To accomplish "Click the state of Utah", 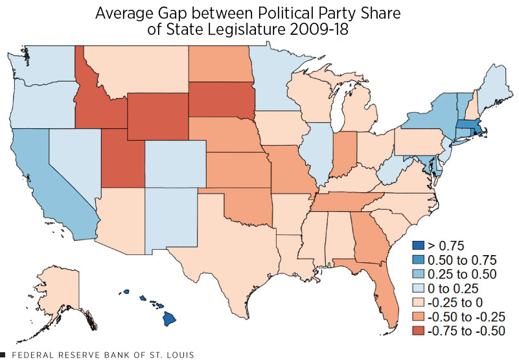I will tap(117, 155).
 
